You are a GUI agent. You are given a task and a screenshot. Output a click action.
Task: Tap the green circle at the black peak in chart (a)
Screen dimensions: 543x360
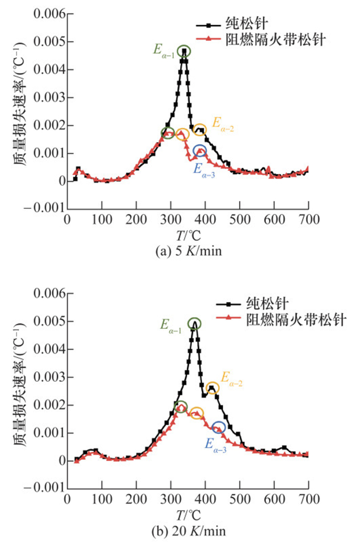184,50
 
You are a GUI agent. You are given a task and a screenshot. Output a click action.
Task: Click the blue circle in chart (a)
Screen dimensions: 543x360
200,151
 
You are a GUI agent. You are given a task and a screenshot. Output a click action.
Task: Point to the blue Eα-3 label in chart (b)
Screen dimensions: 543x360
216,443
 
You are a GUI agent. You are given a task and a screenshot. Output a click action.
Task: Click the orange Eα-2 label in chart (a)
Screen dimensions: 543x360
223,124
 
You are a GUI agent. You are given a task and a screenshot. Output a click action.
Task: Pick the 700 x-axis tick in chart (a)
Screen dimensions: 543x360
309,219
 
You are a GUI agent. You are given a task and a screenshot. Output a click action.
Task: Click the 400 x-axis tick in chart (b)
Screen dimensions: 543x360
205,499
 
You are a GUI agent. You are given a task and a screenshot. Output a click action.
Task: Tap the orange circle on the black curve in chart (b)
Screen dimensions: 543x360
212,388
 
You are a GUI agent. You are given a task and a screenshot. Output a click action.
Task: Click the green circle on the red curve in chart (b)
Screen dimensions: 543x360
181,407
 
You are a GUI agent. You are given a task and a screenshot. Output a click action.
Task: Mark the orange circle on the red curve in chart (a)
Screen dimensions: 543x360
182,134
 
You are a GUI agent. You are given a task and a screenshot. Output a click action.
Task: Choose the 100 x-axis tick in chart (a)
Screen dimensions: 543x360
101,219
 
